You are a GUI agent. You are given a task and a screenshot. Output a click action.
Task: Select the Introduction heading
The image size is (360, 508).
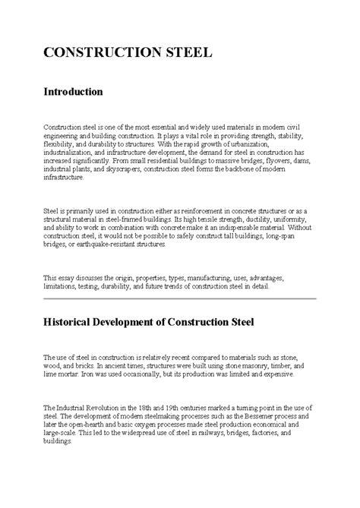click(72, 92)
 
